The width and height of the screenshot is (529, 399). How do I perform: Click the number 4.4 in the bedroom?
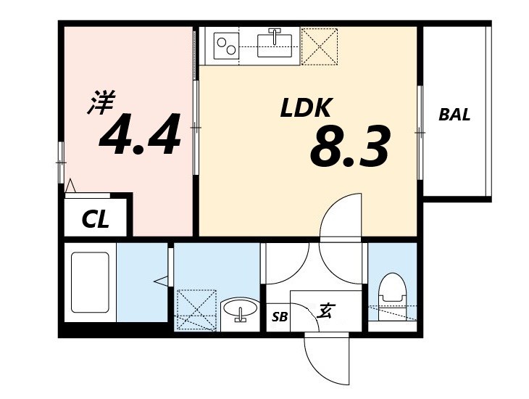(x=140, y=134)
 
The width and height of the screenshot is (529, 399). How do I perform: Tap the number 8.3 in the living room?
(x=350, y=147)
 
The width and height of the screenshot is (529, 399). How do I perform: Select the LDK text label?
(x=305, y=108)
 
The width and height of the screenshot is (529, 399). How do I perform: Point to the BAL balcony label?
(x=454, y=115)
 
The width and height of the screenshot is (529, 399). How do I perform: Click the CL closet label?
(x=96, y=219)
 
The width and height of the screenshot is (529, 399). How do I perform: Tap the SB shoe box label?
(x=280, y=316)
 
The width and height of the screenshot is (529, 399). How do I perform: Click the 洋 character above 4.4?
(x=101, y=102)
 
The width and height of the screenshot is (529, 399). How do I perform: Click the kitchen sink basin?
(x=275, y=45)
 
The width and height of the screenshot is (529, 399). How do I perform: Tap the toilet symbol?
(x=391, y=296)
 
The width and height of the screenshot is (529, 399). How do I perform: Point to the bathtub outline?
(x=90, y=282)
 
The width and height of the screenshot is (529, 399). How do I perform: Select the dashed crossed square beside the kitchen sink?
(x=319, y=46)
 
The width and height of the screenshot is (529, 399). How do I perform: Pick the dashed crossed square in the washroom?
(x=196, y=310)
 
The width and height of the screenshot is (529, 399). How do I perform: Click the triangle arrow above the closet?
(x=70, y=186)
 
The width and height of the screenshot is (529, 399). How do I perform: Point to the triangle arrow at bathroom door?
(x=161, y=281)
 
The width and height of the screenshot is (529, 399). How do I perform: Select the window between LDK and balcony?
(x=420, y=133)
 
